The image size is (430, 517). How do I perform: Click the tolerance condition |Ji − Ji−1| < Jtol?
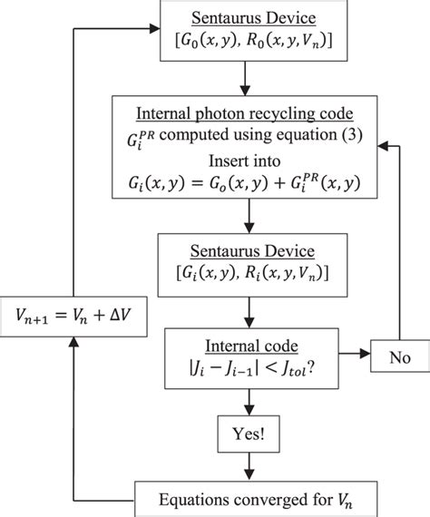[x=246, y=370]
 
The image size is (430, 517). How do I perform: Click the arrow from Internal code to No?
[x=346, y=356]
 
